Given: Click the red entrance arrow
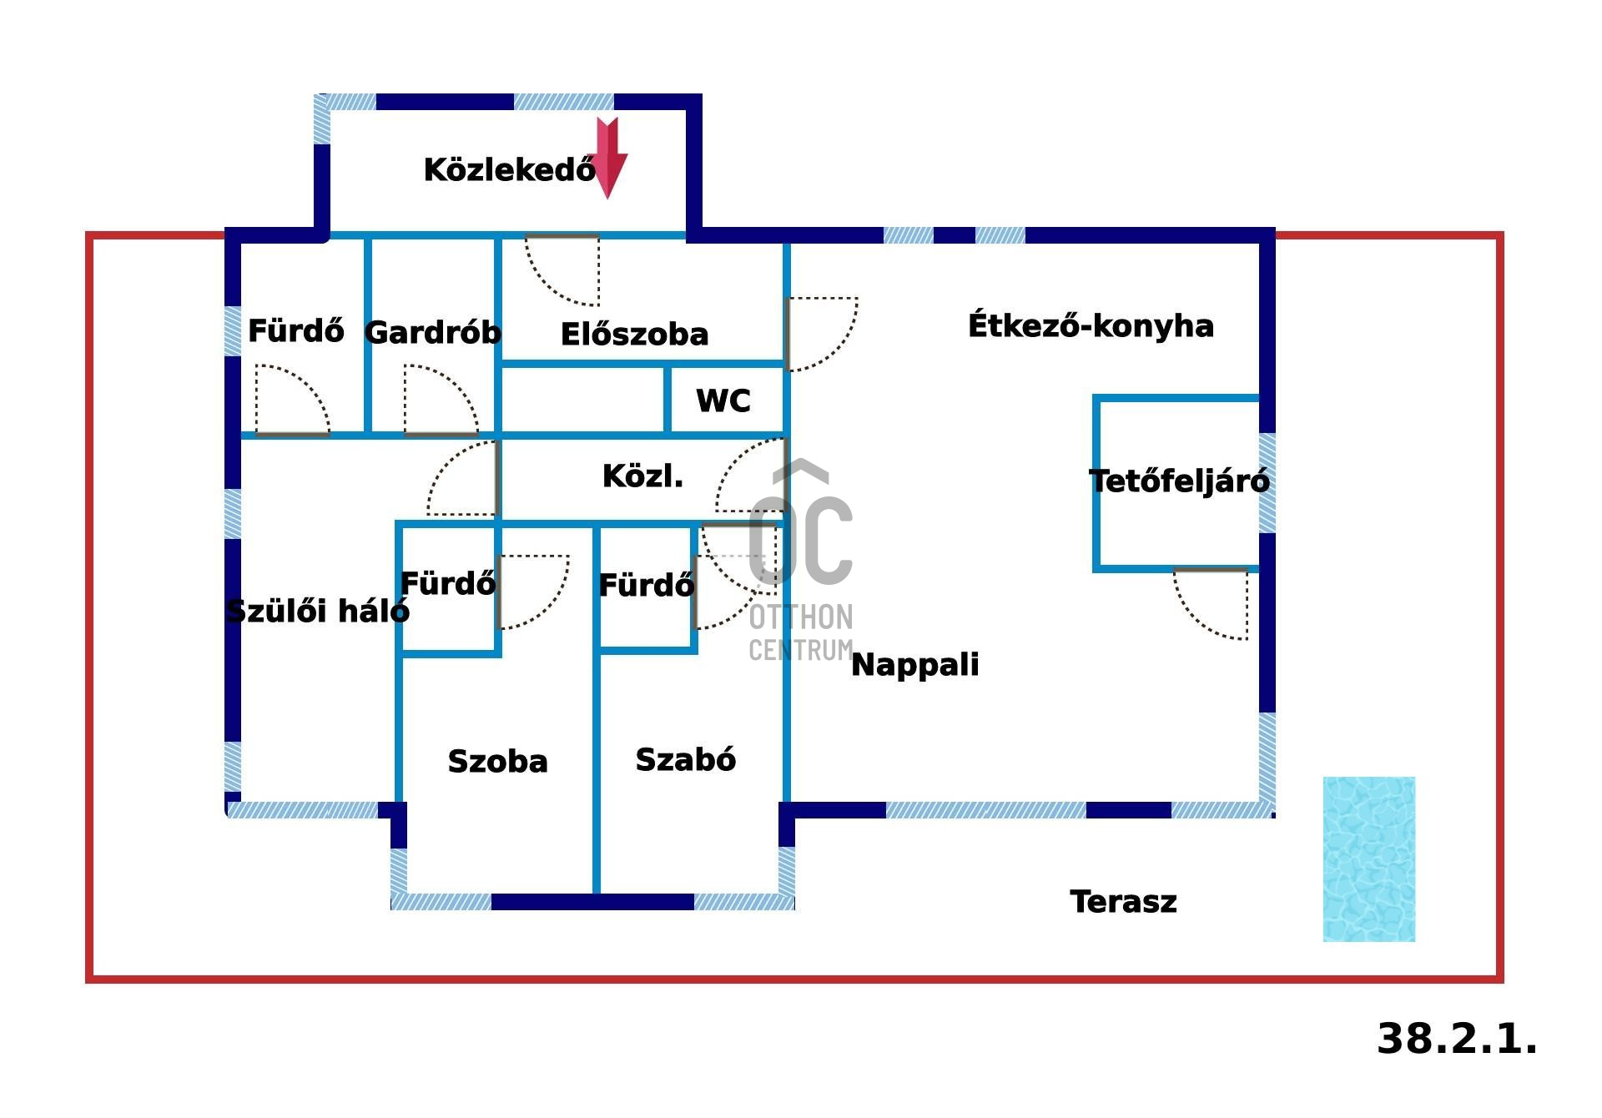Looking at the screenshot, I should point(608,157).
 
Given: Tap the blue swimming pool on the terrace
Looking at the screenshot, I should point(1368,859).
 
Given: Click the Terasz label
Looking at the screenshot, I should point(1123,902).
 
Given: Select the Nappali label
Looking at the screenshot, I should point(914,665).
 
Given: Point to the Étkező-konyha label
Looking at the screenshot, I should point(1091,325).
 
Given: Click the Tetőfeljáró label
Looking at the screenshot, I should point(1179,481).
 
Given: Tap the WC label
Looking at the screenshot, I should point(723,401).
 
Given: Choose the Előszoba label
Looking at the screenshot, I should point(634,335).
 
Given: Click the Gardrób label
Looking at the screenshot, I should point(433,333).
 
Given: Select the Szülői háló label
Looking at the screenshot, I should point(318,612).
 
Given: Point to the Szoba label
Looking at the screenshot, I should point(497,762).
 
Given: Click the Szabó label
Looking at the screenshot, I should point(685,760).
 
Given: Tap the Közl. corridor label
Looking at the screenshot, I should point(642,476).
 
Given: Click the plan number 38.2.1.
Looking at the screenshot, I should point(1456,1040).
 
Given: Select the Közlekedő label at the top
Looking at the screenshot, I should point(509,170).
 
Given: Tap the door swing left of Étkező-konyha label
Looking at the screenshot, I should point(821,333).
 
